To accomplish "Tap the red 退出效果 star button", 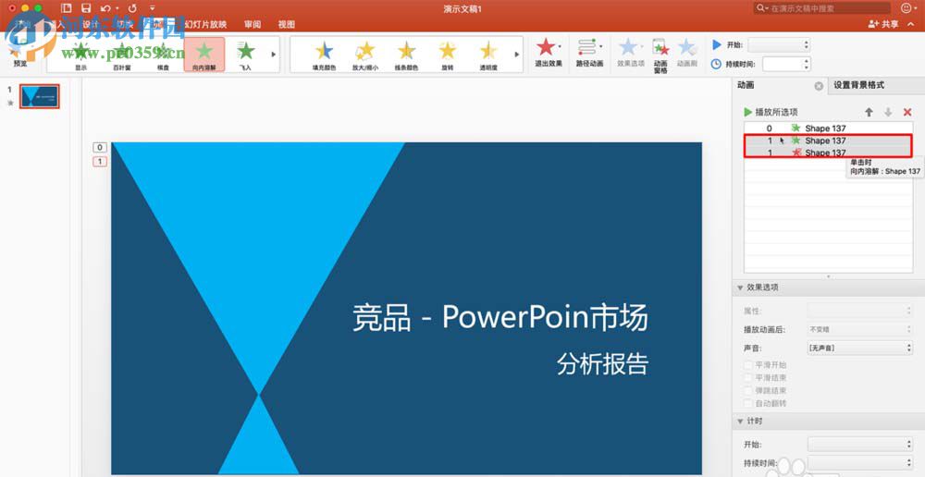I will click(x=548, y=51).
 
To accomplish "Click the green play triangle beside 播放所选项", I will click(x=748, y=112).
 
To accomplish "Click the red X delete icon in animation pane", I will click(x=906, y=112).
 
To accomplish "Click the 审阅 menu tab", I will click(x=253, y=24).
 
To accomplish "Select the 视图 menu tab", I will click(x=287, y=24).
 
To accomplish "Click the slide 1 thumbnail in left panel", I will click(x=40, y=96).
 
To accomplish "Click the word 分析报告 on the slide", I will click(x=602, y=363).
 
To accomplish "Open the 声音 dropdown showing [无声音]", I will click(x=860, y=348).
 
